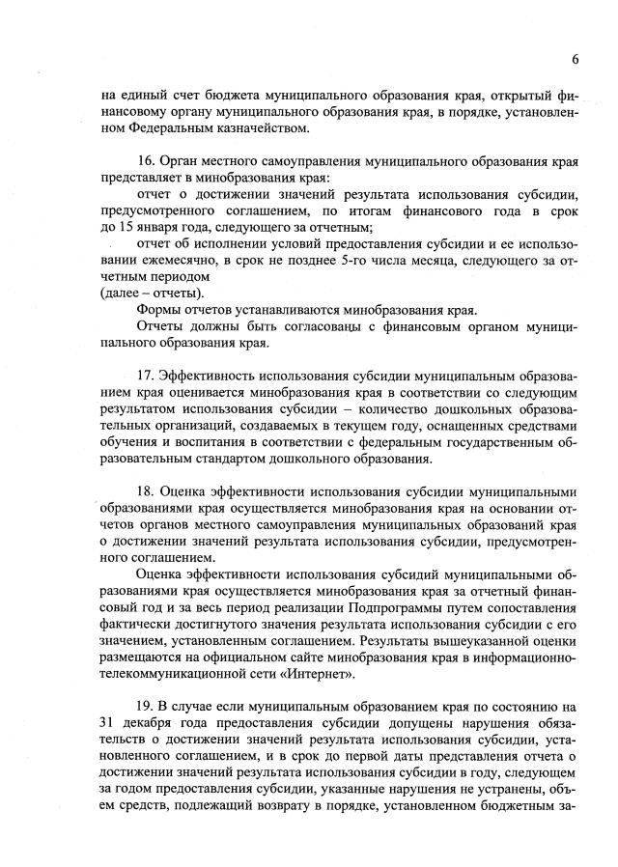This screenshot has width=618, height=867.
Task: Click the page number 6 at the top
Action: (x=575, y=59)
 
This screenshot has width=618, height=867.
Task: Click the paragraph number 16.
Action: (x=148, y=161)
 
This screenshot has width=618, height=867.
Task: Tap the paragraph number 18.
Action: (x=148, y=489)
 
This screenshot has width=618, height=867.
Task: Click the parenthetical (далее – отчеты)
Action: (x=152, y=294)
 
